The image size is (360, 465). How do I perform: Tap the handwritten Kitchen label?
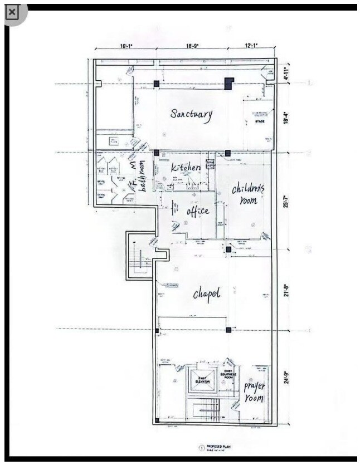pyautogui.click(x=185, y=167)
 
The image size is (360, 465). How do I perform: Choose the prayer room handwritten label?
pyautogui.click(x=254, y=392)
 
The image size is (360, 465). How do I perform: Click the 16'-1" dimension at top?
pyautogui.click(x=125, y=47)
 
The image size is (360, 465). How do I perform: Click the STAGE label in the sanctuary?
pyautogui.click(x=259, y=121)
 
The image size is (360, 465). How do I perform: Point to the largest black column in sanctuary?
pyautogui.click(x=228, y=84)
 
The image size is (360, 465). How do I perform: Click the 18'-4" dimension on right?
pyautogui.click(x=286, y=118)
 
